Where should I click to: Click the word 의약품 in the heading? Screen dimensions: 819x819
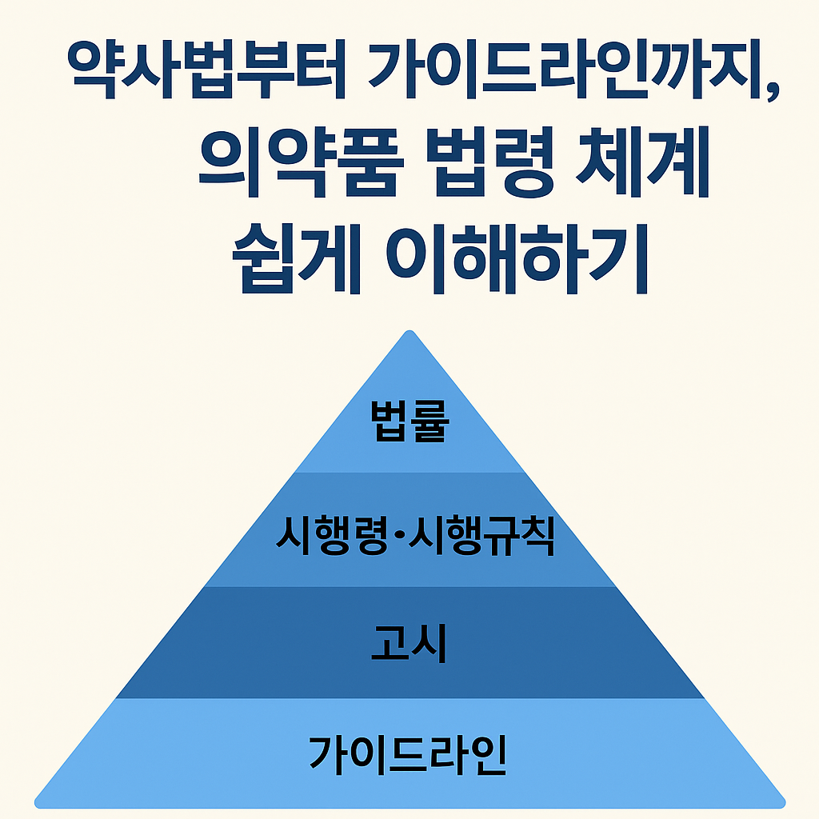302,162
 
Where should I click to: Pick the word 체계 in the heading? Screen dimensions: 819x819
642,162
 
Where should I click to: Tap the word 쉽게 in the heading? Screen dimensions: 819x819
296,258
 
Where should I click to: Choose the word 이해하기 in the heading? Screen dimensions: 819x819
517,258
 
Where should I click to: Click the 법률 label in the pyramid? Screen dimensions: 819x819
410,421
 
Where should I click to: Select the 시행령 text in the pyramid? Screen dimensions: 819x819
332,535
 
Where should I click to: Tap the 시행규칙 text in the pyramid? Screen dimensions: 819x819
481,535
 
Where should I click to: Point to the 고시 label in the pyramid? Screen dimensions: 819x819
409,643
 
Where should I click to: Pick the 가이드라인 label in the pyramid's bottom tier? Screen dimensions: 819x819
407,755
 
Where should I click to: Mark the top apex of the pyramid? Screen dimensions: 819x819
410,330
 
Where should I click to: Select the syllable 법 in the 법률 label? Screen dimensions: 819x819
390,421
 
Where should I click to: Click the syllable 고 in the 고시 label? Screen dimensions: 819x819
390,643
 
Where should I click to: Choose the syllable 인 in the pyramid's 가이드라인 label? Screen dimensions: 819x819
488,755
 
